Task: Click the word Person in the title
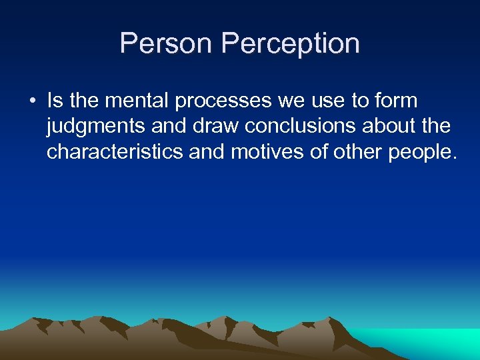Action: (x=167, y=43)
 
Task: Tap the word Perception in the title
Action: (x=291, y=43)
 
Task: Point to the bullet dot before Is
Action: (x=31, y=101)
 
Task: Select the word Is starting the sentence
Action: (x=55, y=101)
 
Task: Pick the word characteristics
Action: (x=115, y=151)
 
